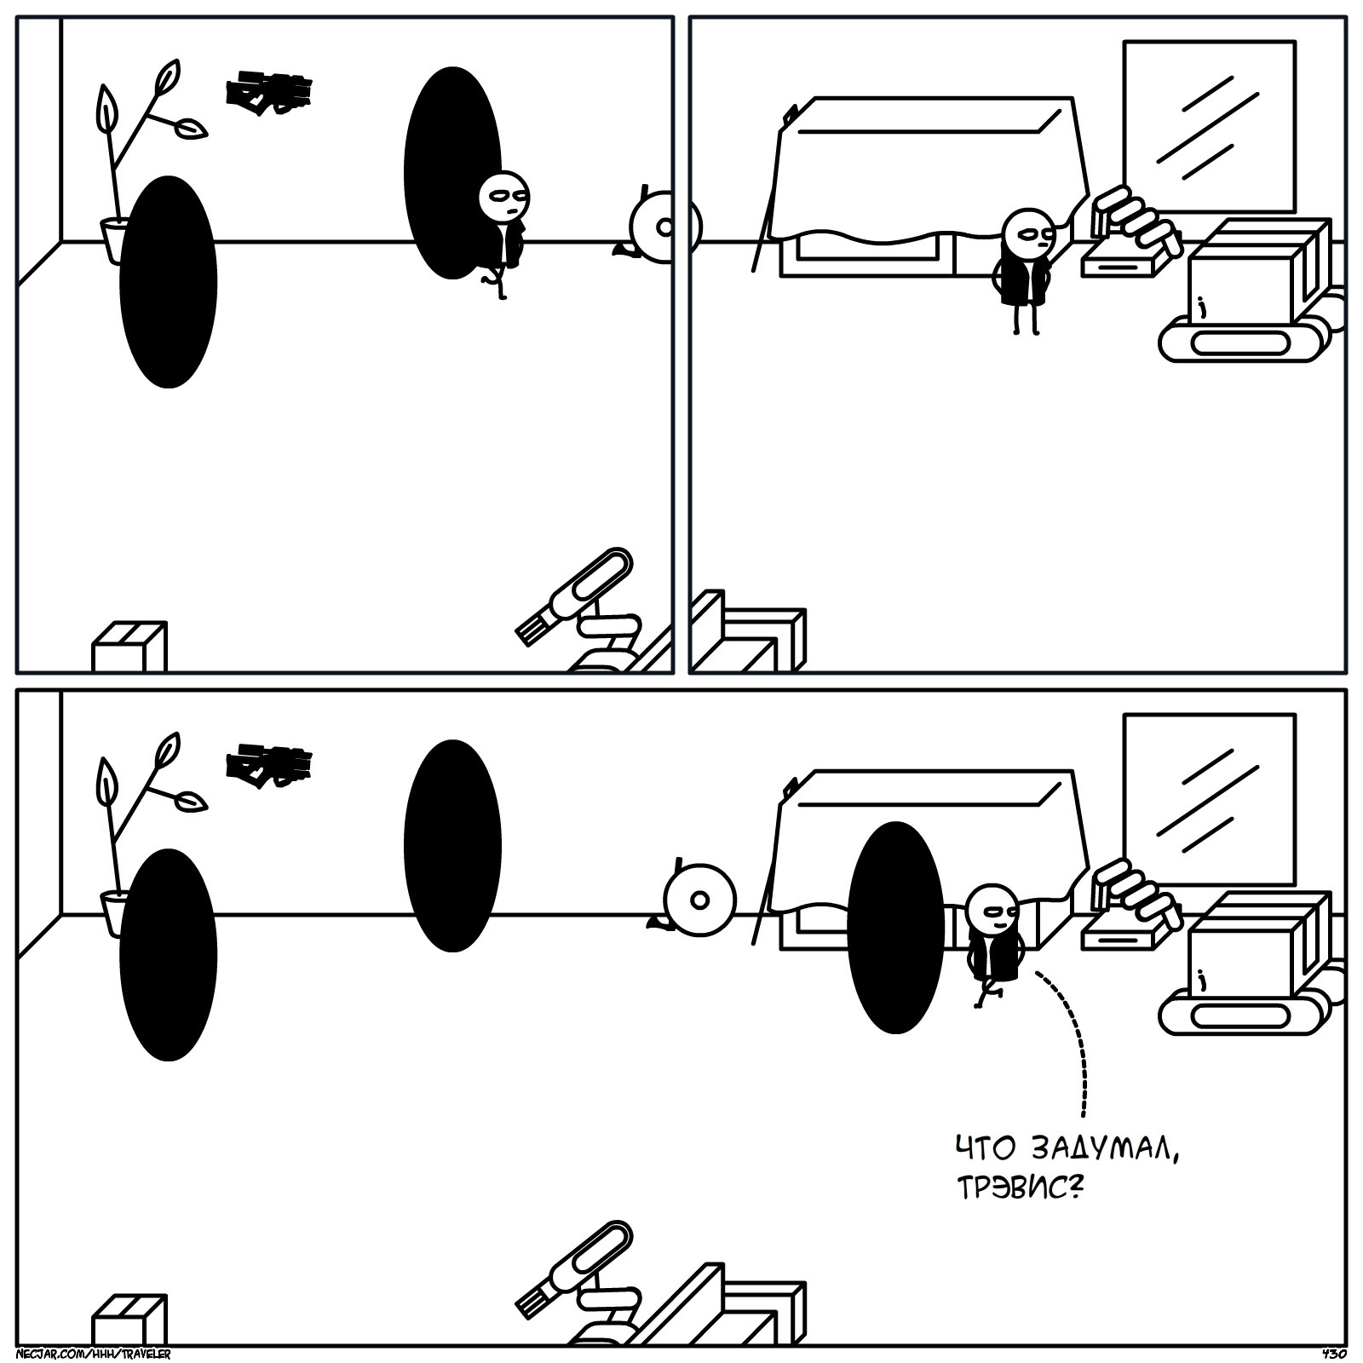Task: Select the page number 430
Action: point(1333,1353)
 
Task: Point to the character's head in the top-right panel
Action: point(1028,232)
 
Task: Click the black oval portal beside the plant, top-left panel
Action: point(168,282)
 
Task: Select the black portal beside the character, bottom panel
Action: point(896,927)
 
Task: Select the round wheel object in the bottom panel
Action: point(699,900)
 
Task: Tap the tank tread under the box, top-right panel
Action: point(1239,342)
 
